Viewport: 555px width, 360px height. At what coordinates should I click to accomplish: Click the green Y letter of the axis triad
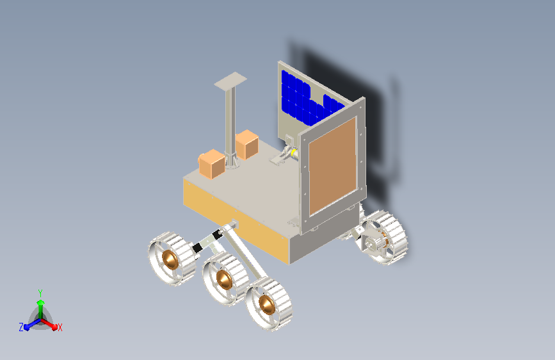point(40,293)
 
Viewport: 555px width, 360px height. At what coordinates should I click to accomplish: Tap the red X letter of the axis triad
point(60,327)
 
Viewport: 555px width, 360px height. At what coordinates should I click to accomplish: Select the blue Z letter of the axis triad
point(21,327)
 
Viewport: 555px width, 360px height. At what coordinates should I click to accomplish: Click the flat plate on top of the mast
point(230,81)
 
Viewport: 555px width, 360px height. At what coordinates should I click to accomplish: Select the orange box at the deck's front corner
point(212,164)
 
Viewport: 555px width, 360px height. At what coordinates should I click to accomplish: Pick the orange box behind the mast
point(246,144)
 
